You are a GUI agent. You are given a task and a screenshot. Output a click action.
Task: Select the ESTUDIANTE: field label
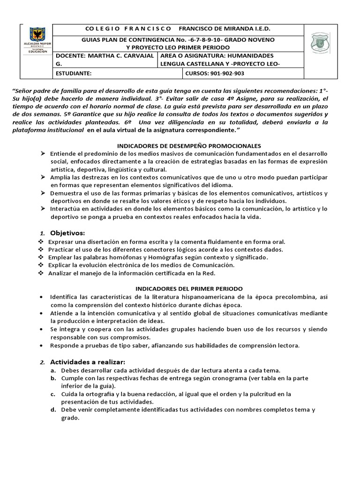tap(70, 74)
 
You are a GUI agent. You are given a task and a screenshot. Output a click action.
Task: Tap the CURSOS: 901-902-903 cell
tap(215, 74)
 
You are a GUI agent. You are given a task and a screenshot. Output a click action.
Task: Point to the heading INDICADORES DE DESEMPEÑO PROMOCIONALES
tap(188, 146)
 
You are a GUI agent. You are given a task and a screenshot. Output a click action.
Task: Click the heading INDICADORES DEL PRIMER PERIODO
tap(189, 288)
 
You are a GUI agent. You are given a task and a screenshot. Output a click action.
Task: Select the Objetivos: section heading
tap(67, 233)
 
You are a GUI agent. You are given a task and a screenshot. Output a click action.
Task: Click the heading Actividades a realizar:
tap(88, 362)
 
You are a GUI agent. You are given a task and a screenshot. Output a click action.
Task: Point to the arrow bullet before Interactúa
tap(42, 209)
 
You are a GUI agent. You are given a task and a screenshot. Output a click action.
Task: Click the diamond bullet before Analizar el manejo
tap(40, 273)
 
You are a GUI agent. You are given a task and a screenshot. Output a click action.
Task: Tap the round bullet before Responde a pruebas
tap(42, 345)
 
